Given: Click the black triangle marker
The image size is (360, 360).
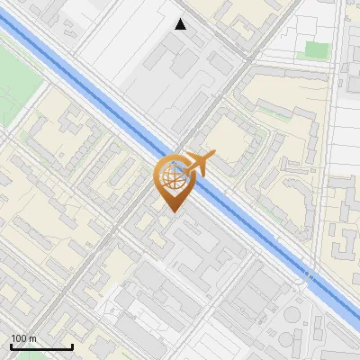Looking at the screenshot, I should click(x=181, y=24).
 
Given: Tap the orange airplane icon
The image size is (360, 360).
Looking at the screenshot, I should click(x=198, y=163).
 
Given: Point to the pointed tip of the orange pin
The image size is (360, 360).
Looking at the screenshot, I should click(x=173, y=212).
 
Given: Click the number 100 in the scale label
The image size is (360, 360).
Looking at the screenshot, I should click(x=20, y=337).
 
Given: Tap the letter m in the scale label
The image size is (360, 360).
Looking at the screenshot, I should click(x=33, y=337).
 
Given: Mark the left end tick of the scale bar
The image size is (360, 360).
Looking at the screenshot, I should click(x=10, y=346).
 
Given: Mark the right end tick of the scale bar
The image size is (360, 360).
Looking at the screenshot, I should click(x=72, y=346).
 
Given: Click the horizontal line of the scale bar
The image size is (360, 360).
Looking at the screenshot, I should click(x=40, y=347).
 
